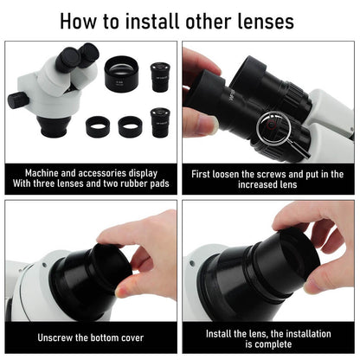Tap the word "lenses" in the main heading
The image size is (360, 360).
tap(266, 22)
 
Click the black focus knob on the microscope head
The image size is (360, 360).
tap(18, 100)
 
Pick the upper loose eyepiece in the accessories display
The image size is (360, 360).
tap(160, 77)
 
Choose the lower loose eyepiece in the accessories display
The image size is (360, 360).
tap(160, 122)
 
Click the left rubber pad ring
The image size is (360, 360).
tap(98, 126)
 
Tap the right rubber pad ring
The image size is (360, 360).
tap(130, 126)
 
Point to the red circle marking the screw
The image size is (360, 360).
tap(271, 125)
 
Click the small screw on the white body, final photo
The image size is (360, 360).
tap(192, 263)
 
